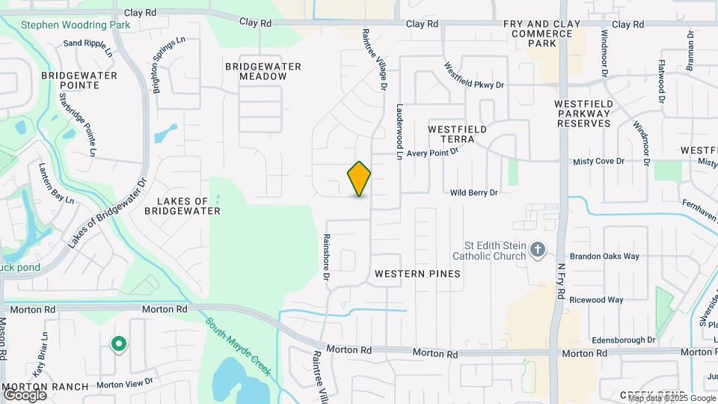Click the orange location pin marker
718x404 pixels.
[359, 179]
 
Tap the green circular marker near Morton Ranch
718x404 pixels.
[118, 344]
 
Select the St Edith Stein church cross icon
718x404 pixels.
[536, 251]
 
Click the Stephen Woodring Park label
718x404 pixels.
[75, 25]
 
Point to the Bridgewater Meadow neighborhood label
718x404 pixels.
[263, 72]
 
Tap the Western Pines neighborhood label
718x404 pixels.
[417, 274]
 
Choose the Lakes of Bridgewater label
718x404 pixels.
[188, 206]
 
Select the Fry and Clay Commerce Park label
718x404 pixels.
[541, 34]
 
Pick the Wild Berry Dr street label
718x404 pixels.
[473, 193]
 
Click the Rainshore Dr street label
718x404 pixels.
[327, 257]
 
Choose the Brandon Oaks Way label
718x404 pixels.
[604, 256]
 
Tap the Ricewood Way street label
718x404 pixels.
[596, 300]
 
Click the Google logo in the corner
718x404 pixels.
[25, 394]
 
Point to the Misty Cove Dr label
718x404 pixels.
[598, 162]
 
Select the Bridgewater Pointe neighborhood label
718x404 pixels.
[79, 81]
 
